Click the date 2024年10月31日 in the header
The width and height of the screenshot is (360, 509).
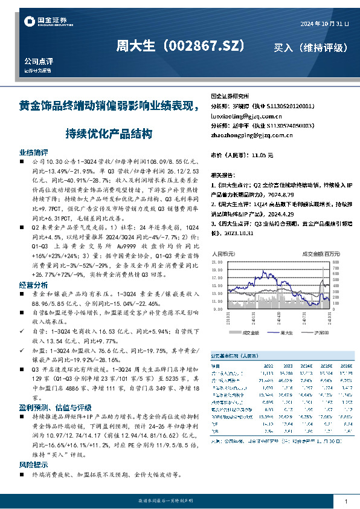[325, 24]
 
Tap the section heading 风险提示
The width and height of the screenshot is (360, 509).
[34, 465]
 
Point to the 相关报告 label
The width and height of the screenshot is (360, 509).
[222, 173]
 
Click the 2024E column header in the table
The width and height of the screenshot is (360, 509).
[306, 366]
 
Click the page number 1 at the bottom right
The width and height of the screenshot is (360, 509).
[345, 502]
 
